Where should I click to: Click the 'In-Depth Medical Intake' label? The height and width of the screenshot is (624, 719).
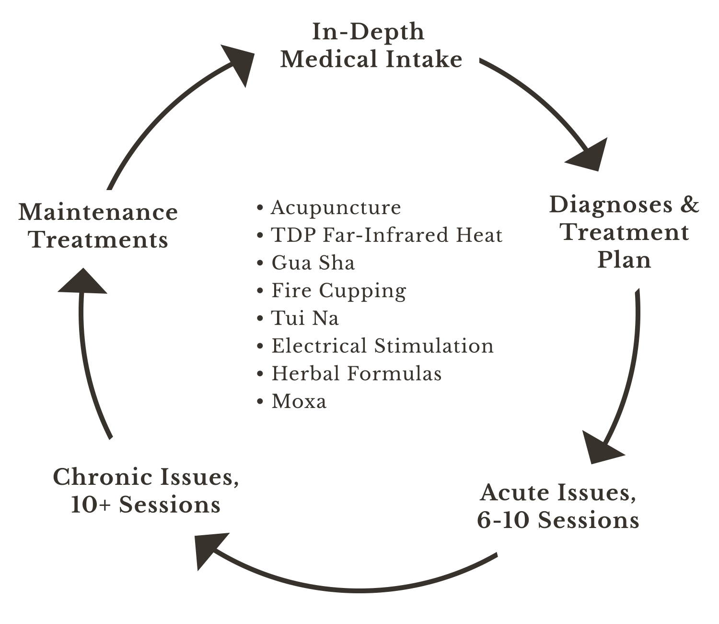371,46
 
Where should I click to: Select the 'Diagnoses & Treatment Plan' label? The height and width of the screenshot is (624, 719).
624,233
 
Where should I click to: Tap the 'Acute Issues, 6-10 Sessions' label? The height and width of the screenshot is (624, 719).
558,507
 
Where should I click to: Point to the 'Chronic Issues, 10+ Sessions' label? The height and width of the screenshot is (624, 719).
146,491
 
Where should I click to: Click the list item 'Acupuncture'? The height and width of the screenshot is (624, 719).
336,208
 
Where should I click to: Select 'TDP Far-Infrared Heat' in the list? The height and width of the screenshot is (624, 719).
386,236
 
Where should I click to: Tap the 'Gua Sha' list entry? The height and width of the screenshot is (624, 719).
313,263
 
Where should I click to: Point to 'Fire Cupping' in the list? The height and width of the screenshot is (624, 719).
338,291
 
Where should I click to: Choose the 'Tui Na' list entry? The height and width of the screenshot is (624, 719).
305,318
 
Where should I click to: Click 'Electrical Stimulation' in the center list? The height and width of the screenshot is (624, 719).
382,346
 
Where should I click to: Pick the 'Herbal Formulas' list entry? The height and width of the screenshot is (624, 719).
356,373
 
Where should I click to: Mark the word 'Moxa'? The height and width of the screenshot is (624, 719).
299,401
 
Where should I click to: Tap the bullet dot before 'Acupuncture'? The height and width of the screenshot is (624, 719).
260,208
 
